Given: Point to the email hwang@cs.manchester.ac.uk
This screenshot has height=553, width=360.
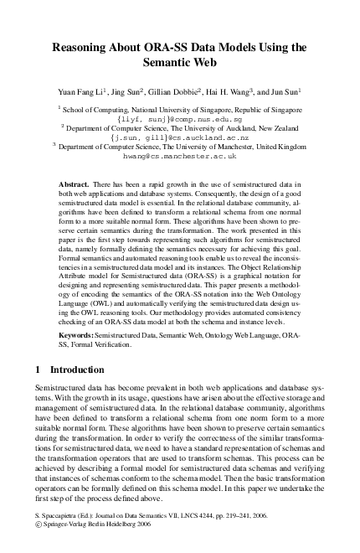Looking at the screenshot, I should [x=179, y=156].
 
